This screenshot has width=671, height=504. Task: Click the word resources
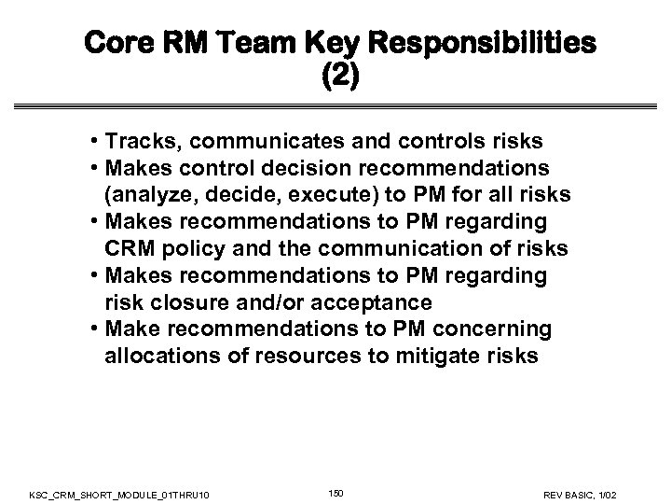tap(299, 357)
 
